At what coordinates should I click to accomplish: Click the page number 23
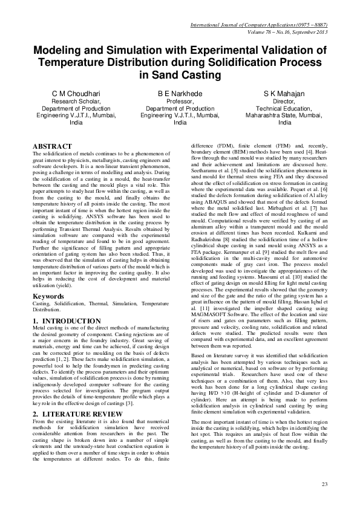[324, 484]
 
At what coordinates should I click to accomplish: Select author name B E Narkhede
[180, 94]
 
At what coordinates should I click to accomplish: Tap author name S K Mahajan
[284, 94]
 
